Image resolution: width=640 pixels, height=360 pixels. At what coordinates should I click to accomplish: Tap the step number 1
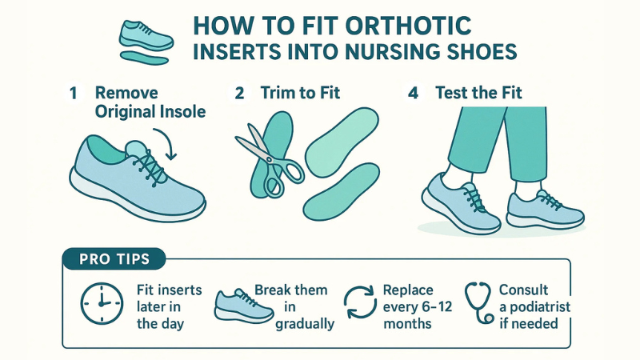point(73,93)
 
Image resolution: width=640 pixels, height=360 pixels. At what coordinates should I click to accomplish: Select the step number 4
point(413,93)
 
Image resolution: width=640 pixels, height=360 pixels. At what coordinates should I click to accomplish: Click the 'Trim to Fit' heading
point(300,93)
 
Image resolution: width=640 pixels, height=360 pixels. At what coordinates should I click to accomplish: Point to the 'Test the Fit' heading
point(478,93)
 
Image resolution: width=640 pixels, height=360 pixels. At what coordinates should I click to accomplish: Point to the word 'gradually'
point(304,325)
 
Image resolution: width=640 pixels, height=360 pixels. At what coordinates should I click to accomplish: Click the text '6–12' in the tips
point(440,308)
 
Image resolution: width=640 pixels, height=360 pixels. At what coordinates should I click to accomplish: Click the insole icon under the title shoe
point(143,57)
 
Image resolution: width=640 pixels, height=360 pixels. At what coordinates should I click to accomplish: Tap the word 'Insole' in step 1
point(182,111)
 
